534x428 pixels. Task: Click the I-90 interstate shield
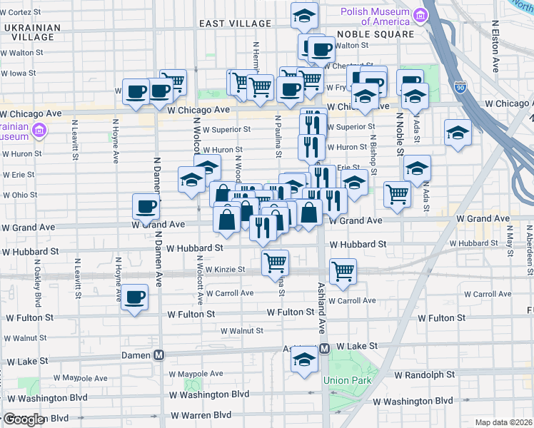[x=459, y=87]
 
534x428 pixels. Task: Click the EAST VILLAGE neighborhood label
[x=235, y=24]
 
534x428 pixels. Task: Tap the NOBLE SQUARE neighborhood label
[x=375, y=34]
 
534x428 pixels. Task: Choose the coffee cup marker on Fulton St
[x=134, y=297]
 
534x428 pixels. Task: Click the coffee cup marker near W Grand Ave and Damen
[x=146, y=207]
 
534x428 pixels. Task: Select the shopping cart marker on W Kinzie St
[x=276, y=262]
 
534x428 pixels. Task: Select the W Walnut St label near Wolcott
[x=241, y=331]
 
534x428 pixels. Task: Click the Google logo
[x=24, y=419]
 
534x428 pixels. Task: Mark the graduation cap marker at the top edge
[x=305, y=15]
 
